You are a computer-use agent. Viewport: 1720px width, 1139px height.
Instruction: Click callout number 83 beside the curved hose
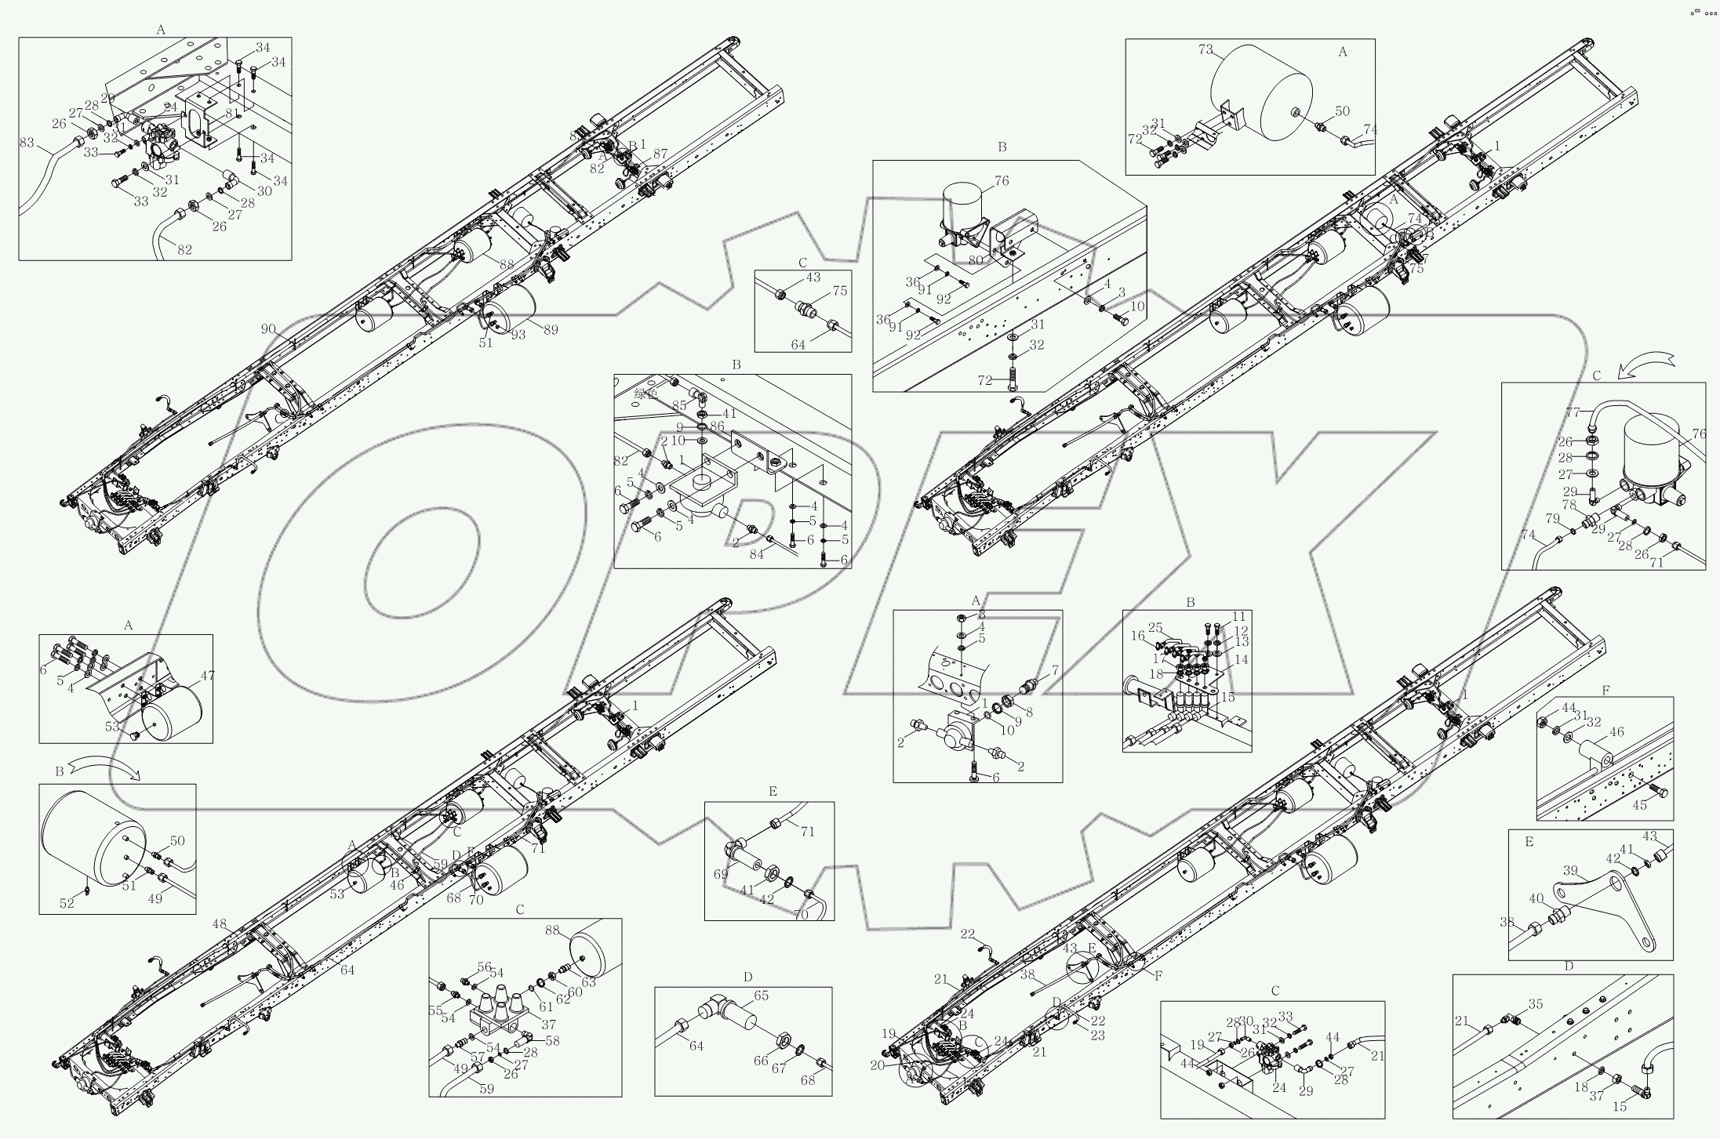[27, 143]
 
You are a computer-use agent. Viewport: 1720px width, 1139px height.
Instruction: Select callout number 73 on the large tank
[1205, 50]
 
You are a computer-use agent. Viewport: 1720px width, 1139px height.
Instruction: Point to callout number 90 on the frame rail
[268, 329]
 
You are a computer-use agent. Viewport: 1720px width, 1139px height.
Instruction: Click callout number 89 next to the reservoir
[551, 330]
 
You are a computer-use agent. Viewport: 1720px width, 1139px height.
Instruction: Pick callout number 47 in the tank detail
[208, 675]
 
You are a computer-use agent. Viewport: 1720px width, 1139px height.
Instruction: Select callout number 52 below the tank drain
[67, 903]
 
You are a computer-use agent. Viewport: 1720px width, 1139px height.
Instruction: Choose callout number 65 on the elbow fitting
[761, 996]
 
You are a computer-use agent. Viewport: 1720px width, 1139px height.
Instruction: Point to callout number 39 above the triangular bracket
[1569, 871]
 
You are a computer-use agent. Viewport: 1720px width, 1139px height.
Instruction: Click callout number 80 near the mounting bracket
[975, 260]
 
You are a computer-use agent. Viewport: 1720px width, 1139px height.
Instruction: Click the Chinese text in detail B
[646, 394]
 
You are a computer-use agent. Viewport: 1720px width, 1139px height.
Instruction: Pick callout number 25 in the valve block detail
[1155, 627]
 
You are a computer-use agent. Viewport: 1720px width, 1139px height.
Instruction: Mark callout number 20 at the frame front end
[898, 1065]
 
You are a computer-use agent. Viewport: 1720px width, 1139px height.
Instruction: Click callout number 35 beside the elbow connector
[1535, 1004]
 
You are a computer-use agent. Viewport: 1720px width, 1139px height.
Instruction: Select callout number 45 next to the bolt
[1639, 805]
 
